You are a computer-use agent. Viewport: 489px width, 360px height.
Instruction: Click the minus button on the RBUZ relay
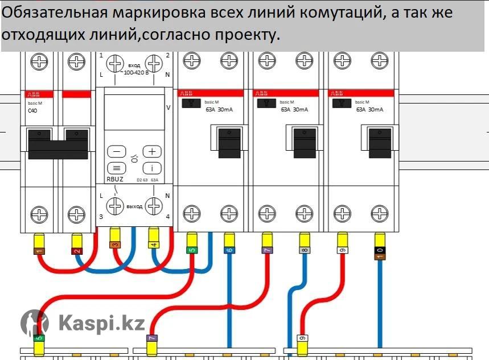(116, 151)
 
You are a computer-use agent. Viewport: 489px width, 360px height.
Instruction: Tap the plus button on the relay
(152, 151)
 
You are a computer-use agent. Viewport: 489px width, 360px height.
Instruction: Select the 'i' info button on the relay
(152, 168)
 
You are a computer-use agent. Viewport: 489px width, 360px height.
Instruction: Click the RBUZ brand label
(115, 179)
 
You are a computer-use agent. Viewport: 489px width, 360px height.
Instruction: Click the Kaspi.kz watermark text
(101, 323)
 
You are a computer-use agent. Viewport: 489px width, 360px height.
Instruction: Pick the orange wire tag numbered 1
(40, 251)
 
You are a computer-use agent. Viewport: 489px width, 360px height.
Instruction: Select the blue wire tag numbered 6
(229, 249)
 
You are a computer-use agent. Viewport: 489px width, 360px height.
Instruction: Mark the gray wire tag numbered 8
(305, 249)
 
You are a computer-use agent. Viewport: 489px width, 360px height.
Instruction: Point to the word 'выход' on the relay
(134, 207)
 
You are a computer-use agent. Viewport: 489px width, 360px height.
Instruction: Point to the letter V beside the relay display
(168, 107)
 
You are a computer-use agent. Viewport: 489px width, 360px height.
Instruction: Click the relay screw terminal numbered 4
(153, 206)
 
